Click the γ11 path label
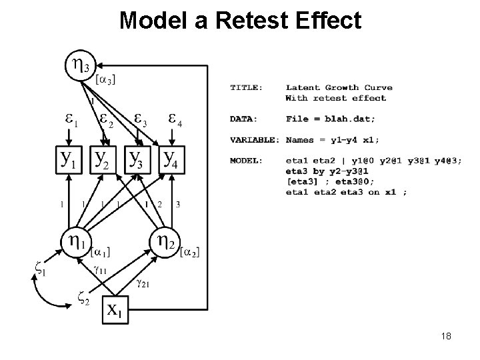[x=101, y=270]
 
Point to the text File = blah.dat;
[x=330, y=119]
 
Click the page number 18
[x=445, y=336]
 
